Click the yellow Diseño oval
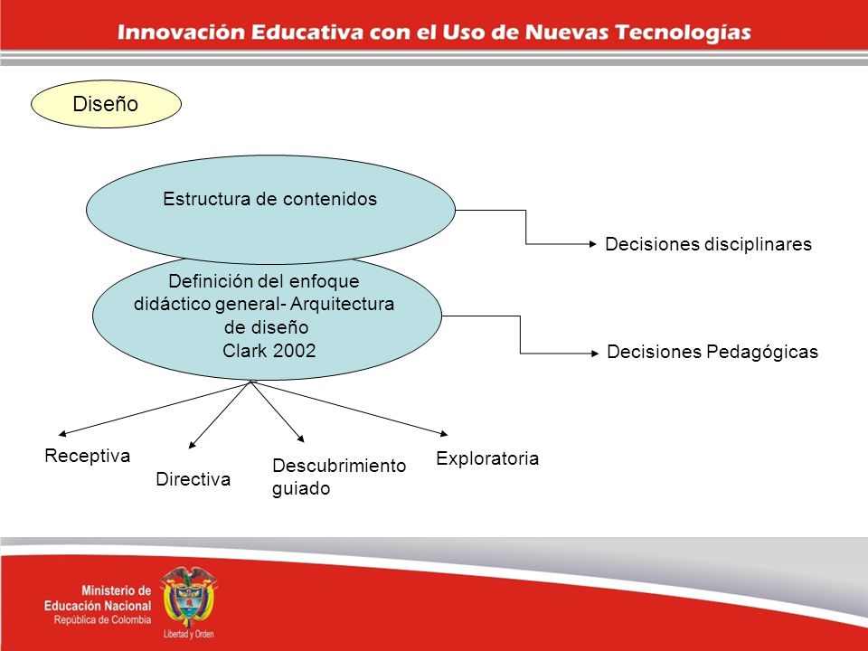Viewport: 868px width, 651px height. pos(106,104)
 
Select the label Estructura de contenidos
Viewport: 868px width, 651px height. pos(269,199)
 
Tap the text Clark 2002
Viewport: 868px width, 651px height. pos(269,351)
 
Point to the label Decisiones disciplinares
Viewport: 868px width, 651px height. pos(708,244)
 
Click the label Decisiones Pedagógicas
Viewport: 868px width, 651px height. pos(712,352)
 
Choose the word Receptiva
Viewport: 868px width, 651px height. pos(88,456)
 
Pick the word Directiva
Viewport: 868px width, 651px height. pos(193,479)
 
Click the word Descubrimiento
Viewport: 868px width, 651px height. pos(339,466)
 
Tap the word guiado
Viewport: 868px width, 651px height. pos(301,489)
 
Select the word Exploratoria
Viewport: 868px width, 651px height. pos(487,458)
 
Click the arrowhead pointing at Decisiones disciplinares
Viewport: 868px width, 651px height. pos(593,243)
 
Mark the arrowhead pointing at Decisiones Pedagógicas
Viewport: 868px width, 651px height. pos(595,354)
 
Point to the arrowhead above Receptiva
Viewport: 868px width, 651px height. pos(62,433)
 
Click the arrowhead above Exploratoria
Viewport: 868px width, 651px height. pos(443,433)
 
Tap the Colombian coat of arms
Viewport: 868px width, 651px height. pos(188,597)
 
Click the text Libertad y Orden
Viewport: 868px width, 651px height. pos(189,635)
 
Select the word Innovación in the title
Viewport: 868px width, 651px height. pos(181,33)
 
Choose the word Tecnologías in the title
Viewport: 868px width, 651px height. pos(684,33)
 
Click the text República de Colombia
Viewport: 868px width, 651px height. pos(102,620)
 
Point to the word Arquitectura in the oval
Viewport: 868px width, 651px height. pos(342,304)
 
